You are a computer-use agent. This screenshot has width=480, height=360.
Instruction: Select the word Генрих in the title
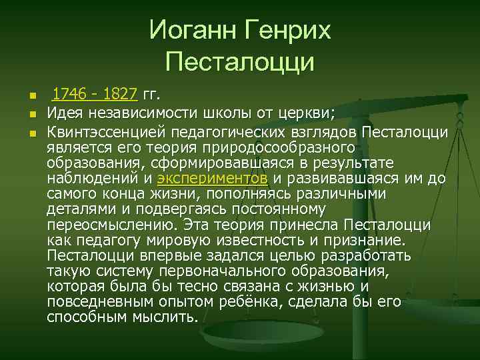click(x=288, y=30)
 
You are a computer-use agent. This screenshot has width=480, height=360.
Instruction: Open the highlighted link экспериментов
click(x=213, y=179)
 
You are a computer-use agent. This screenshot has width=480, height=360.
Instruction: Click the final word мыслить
click(x=164, y=317)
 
